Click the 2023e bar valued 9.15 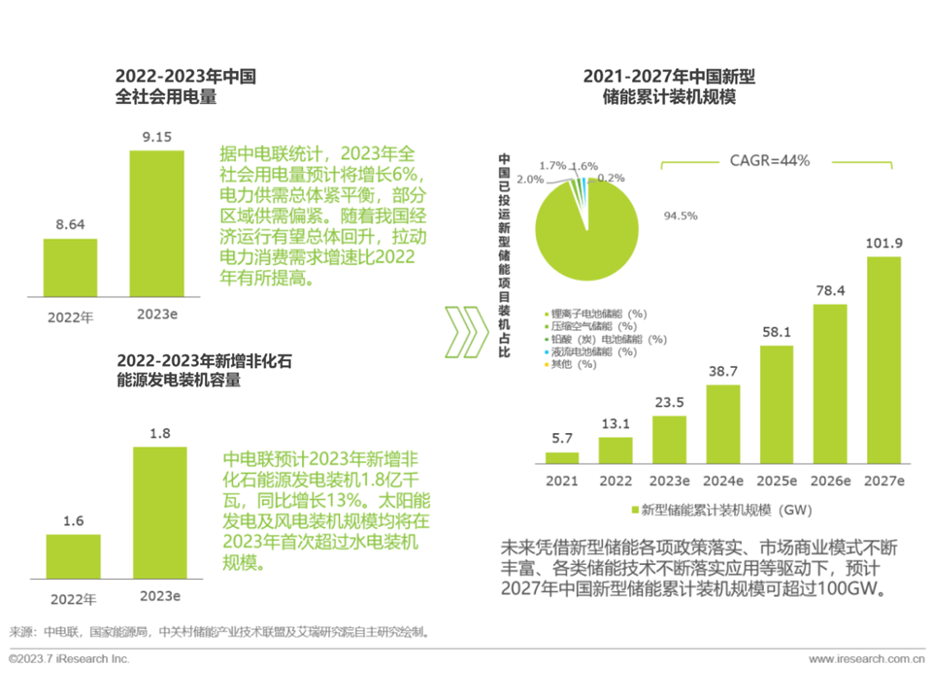coord(157,223)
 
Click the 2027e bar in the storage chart coord(883,360)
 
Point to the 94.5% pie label coord(680,216)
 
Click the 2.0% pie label coord(530,180)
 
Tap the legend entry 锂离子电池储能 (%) coord(598,314)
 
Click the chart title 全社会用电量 coord(165,96)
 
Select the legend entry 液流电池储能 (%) coord(593,351)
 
